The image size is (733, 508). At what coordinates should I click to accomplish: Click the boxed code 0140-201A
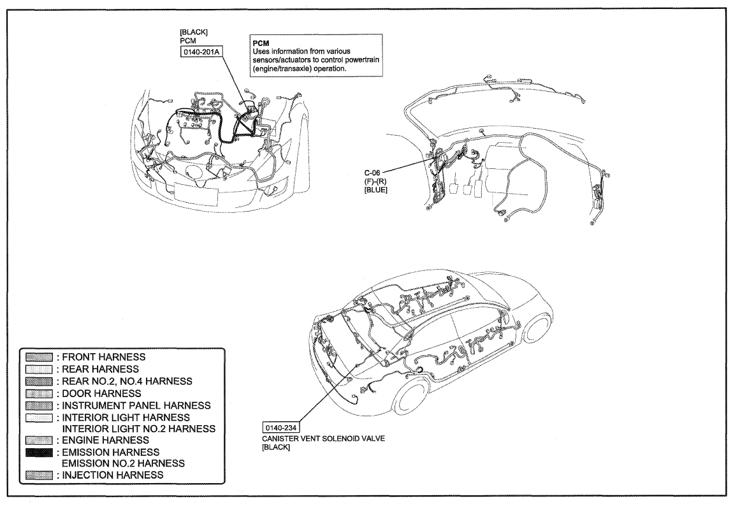pyautogui.click(x=201, y=52)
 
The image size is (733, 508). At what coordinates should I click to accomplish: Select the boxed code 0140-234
pyautogui.click(x=282, y=428)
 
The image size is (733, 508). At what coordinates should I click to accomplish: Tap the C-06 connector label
pyautogui.click(x=373, y=173)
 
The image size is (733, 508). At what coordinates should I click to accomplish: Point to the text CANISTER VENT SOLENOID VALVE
pyautogui.click(x=324, y=439)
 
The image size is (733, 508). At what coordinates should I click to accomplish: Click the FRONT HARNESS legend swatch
pyautogui.click(x=40, y=357)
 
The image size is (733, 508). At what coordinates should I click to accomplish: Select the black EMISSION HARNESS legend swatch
pyautogui.click(x=40, y=453)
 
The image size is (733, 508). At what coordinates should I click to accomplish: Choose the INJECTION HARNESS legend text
pyautogui.click(x=113, y=475)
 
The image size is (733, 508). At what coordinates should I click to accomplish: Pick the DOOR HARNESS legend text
pyautogui.click(x=101, y=393)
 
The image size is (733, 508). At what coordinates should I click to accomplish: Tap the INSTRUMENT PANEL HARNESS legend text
pyautogui.click(x=136, y=405)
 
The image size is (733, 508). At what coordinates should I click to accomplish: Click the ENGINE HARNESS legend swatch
pyautogui.click(x=40, y=440)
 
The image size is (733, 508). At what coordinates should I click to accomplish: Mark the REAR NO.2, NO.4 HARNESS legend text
pyautogui.click(x=127, y=381)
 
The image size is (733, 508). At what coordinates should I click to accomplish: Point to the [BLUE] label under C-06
pyautogui.click(x=376, y=190)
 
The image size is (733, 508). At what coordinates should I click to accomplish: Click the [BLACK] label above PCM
pyautogui.click(x=194, y=33)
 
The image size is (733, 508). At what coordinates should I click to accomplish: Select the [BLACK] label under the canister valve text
pyautogui.click(x=276, y=447)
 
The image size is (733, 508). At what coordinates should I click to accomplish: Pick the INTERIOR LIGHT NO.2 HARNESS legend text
pyautogui.click(x=139, y=429)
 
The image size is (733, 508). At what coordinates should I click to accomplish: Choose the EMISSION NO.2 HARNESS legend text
pyautogui.click(x=124, y=463)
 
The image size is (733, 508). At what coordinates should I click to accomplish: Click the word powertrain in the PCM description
pyautogui.click(x=363, y=61)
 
